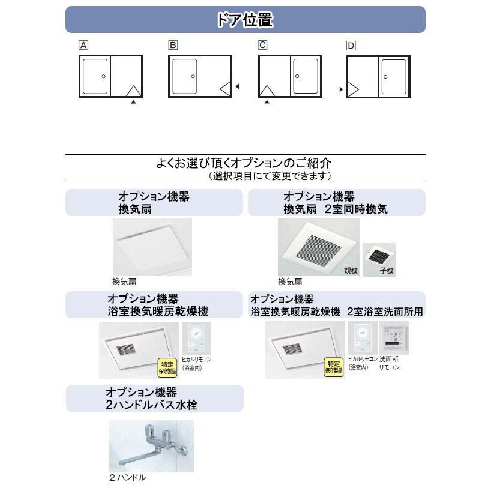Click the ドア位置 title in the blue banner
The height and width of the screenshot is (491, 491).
(245, 20)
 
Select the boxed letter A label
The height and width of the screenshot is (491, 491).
(84, 46)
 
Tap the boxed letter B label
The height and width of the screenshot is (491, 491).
(173, 46)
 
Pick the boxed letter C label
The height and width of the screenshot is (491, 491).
(262, 46)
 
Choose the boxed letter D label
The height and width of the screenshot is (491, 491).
(351, 46)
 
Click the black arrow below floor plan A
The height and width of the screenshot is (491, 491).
(133, 103)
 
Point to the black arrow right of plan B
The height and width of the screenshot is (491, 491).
(237, 87)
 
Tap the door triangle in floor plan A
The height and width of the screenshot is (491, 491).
(133, 91)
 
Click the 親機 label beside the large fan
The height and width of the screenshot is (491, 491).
(351, 271)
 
